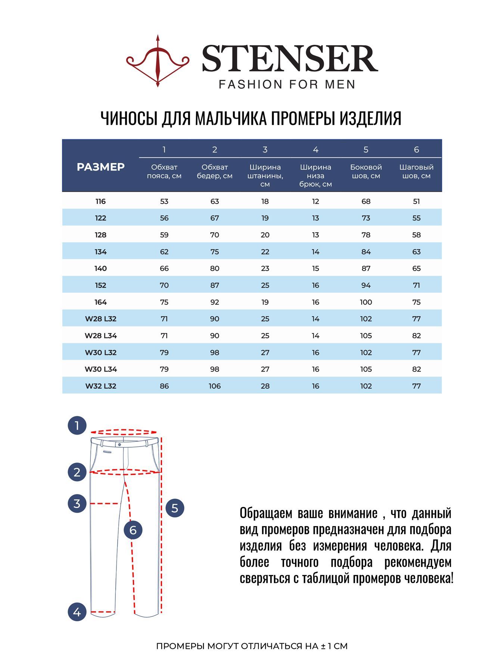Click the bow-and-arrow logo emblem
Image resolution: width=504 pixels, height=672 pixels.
(x=158, y=61)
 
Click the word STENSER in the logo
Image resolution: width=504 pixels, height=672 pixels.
(x=290, y=59)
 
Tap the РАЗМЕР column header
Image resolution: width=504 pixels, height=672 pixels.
(x=100, y=167)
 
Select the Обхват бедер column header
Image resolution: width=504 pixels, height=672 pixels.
(x=215, y=171)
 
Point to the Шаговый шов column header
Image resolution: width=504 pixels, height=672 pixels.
(x=416, y=171)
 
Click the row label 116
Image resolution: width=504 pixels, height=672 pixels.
(x=100, y=202)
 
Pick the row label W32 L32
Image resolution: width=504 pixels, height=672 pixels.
(x=101, y=386)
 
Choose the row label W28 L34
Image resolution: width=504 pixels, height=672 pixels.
(x=101, y=336)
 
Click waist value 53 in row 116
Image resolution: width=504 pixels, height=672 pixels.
(x=164, y=202)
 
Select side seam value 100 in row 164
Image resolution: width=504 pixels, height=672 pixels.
(x=366, y=302)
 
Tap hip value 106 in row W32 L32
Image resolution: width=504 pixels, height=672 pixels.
(x=215, y=386)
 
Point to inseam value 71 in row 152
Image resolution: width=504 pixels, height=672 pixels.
(x=416, y=285)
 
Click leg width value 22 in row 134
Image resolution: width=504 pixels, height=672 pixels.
(x=265, y=252)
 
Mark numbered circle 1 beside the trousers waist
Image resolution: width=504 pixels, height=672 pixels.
(x=77, y=426)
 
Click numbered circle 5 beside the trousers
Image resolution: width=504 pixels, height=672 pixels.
(x=175, y=508)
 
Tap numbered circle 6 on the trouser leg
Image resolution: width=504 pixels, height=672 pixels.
(x=133, y=530)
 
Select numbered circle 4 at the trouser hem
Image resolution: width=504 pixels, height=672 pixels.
(x=77, y=612)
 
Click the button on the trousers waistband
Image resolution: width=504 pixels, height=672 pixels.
(x=119, y=445)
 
